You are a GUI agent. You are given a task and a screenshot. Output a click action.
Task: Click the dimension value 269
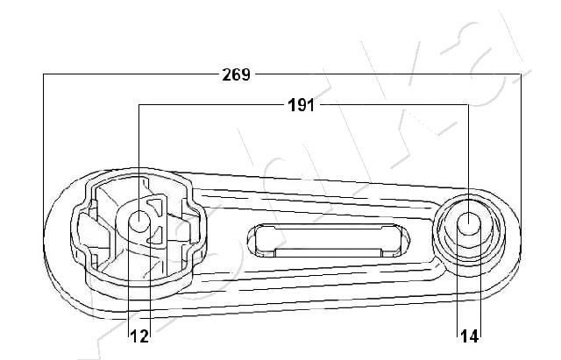236,74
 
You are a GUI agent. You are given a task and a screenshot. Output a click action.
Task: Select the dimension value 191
302,106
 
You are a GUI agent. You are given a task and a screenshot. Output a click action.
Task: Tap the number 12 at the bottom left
138,334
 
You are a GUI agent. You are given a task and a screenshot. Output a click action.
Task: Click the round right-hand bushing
469,229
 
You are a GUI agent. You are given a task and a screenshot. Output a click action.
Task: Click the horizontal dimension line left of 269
131,74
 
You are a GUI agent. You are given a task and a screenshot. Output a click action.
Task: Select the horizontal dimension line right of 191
394,106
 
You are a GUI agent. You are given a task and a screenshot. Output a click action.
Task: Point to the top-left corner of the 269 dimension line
44,74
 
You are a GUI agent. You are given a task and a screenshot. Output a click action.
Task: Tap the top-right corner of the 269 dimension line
521,74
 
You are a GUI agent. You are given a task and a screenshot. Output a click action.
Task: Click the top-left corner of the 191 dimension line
139,106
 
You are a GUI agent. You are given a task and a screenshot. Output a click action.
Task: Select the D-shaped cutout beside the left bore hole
156,221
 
